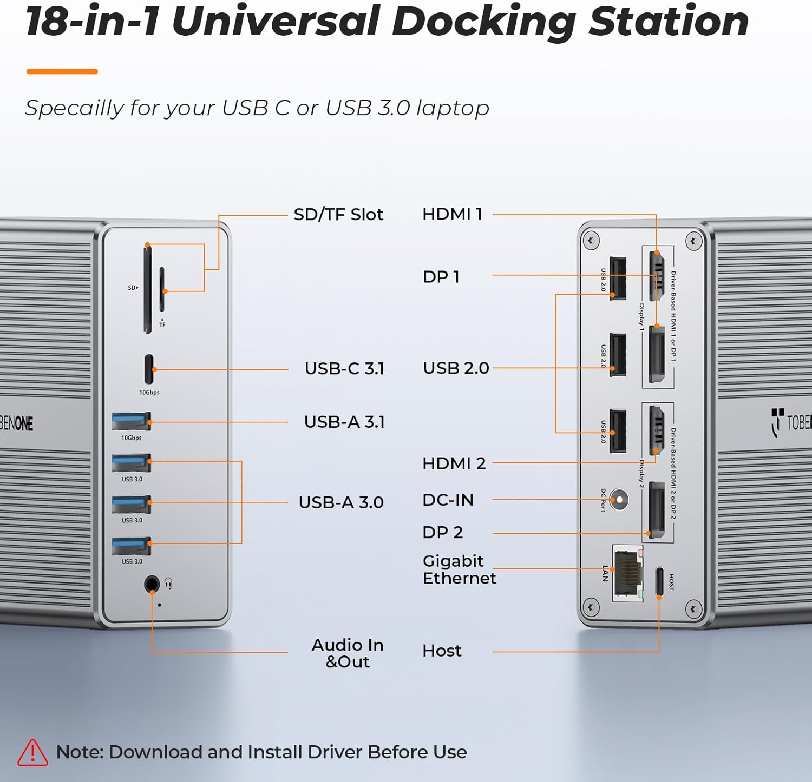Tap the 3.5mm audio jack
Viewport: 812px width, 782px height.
(152, 584)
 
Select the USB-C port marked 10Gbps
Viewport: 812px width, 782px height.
(149, 369)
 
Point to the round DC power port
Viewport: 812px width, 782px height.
(619, 499)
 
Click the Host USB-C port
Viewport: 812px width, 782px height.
(659, 581)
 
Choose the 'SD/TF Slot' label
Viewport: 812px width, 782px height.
(338, 215)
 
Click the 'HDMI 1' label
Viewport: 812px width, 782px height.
(452, 214)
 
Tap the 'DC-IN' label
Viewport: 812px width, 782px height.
(448, 500)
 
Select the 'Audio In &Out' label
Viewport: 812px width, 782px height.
(348, 653)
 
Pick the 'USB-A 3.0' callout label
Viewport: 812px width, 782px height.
(341, 502)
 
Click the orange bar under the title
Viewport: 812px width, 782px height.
(62, 71)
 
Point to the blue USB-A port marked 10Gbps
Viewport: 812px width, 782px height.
(132, 421)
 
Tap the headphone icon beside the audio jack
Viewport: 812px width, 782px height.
(168, 583)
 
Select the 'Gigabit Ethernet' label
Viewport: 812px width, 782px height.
(459, 569)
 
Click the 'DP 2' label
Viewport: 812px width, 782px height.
(442, 533)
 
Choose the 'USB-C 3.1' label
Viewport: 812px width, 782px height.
(344, 369)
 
